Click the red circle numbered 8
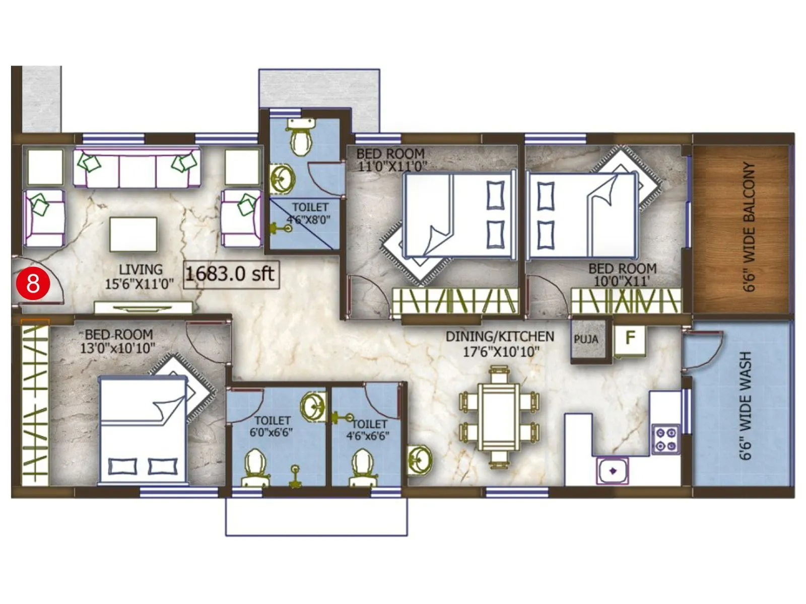coord(33,283)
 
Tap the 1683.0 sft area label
coord(230,274)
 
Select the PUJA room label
coord(586,339)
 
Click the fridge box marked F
coord(630,338)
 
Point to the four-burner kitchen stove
coord(665,439)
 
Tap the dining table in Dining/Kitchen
coord(499,417)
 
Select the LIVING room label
coord(141,269)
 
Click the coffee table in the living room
coord(133,234)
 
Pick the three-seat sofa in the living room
coord(137,168)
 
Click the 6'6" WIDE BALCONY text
coord(749,226)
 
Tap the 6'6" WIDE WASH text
coord(746,405)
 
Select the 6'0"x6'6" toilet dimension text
coord(272,432)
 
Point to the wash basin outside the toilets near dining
coord(418,460)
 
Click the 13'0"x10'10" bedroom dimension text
coord(118,348)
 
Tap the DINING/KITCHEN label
coord(499,336)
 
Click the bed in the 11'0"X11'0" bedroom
coord(459,214)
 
